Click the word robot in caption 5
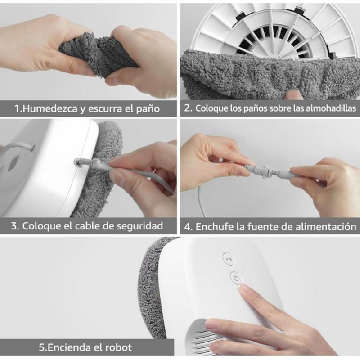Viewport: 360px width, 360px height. [x=119, y=347]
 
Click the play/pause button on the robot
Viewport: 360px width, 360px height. [x=229, y=259]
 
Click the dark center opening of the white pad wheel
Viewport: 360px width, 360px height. [x=270, y=43]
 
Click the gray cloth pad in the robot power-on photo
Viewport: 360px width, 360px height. [x=155, y=288]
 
